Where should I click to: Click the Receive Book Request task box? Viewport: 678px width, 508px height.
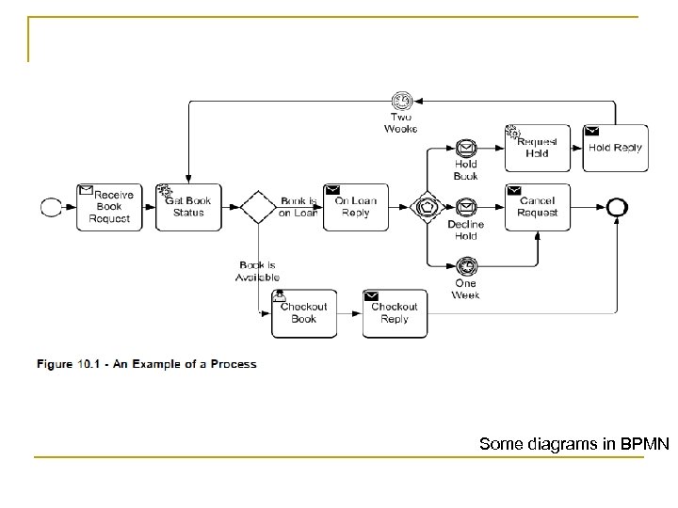108,207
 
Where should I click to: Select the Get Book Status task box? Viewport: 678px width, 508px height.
188,207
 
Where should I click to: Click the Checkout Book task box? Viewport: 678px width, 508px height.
303,313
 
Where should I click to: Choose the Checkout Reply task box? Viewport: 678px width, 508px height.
395,313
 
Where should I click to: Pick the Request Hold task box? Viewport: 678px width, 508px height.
537,148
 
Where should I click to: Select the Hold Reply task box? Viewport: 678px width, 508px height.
615,148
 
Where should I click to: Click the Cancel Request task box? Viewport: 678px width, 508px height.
537,207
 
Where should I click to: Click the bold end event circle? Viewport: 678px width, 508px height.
617,207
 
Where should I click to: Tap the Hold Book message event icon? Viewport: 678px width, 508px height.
465,148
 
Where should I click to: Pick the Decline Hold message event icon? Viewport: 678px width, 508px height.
465,207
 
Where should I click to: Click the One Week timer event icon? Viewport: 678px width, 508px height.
465,265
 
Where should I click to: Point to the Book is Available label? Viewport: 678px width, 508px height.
257,271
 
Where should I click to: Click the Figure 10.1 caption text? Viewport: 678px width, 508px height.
146,364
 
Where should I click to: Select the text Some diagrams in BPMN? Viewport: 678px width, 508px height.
573,443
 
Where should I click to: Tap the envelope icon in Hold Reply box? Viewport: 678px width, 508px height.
592,131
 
